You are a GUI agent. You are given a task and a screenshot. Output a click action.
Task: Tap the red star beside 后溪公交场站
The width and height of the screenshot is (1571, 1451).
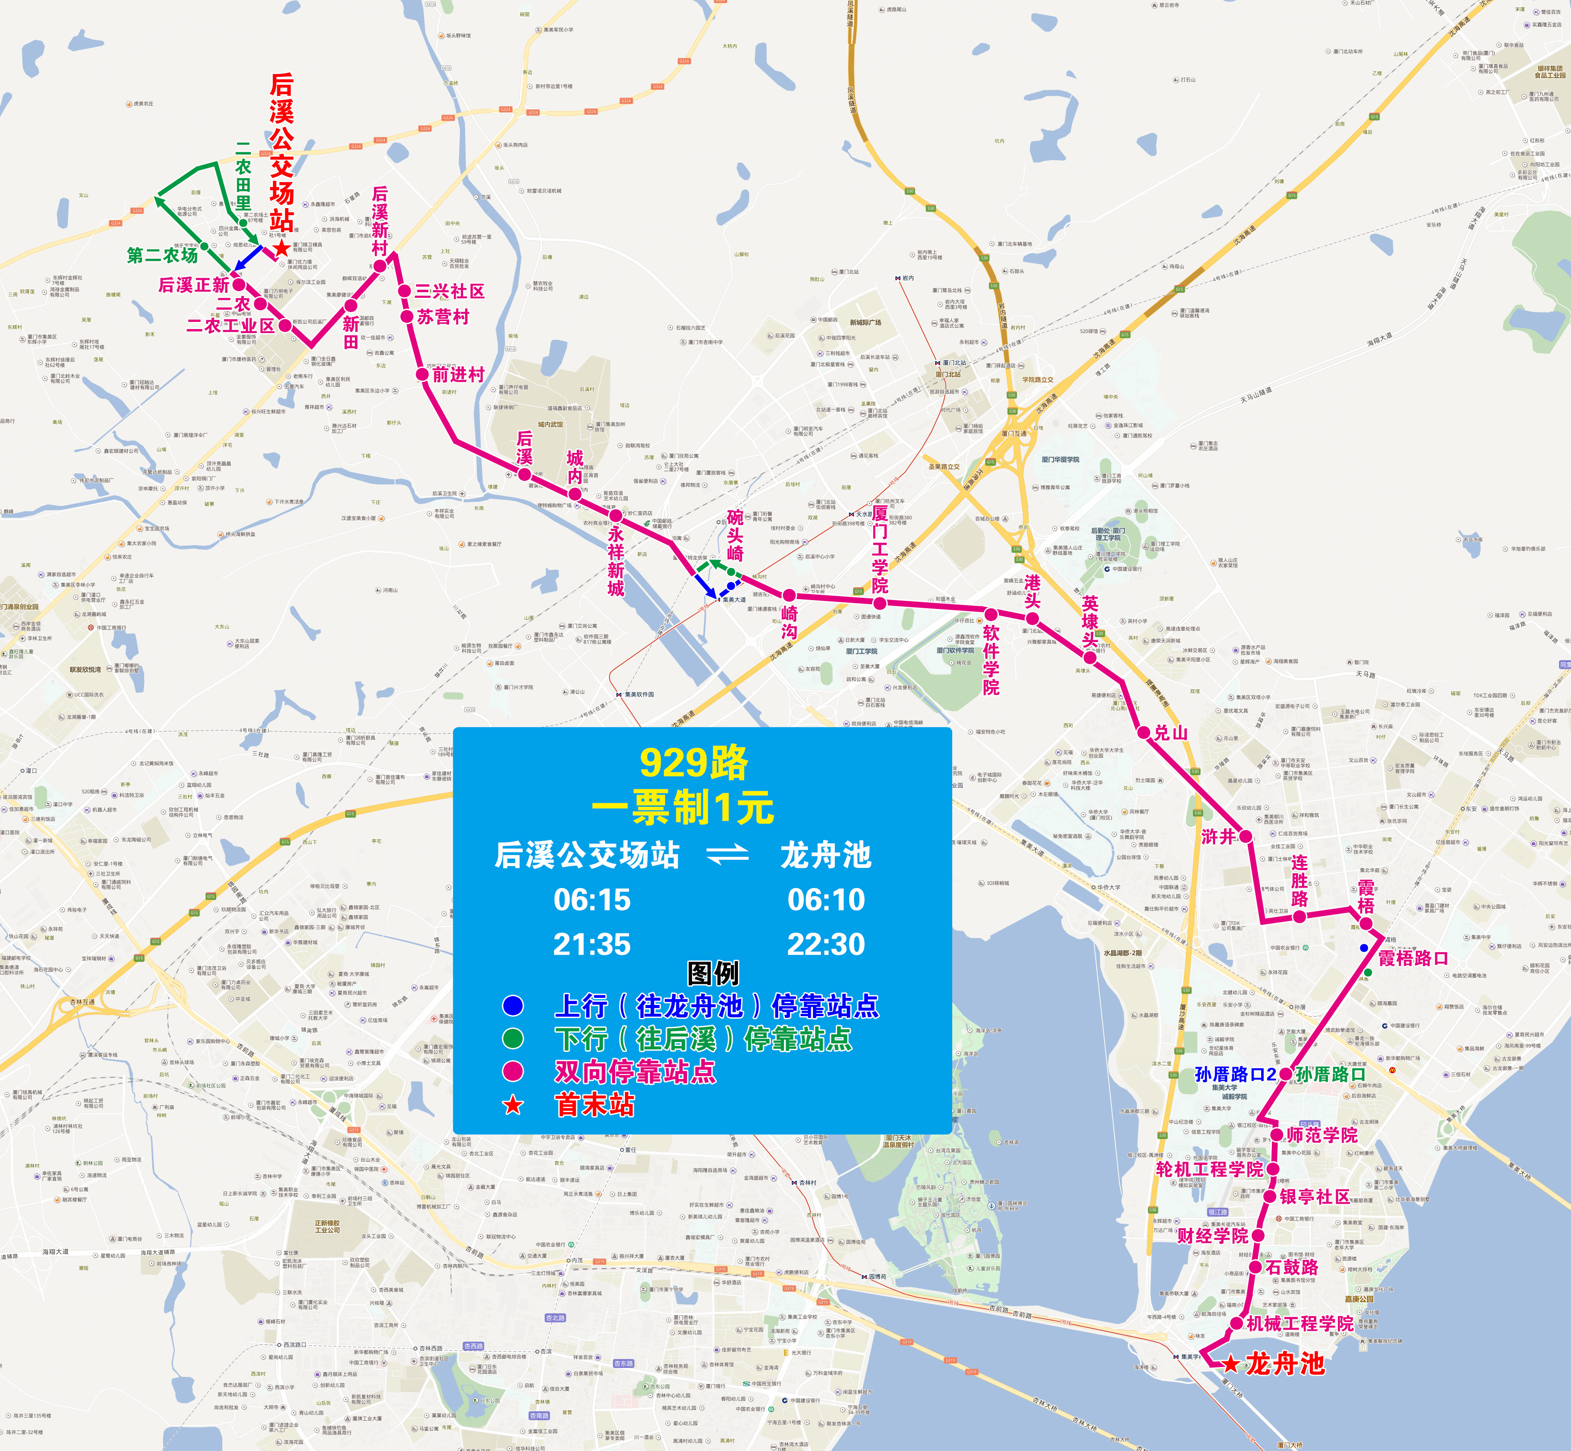(281, 249)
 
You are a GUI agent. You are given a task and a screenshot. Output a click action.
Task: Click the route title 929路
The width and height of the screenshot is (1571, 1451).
(694, 763)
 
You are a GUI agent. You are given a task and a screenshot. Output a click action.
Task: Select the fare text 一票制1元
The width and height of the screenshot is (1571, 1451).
(683, 807)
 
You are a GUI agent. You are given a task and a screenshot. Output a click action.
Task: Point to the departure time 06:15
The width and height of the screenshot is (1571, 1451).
(592, 900)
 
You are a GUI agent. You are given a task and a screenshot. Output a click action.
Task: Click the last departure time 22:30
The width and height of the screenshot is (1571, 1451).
(826, 944)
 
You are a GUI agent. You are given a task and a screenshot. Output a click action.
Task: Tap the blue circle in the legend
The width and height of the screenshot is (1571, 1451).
(513, 1006)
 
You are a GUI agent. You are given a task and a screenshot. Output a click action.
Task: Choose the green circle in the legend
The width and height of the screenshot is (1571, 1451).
(513, 1039)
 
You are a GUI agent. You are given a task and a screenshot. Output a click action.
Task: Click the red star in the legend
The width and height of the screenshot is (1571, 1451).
(513, 1105)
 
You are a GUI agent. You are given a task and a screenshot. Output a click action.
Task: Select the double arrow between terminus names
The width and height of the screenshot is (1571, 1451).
(728, 855)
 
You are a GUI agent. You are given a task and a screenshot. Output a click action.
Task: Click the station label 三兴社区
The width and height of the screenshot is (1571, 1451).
(450, 291)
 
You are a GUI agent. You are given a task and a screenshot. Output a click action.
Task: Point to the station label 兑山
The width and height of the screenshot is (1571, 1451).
(1171, 733)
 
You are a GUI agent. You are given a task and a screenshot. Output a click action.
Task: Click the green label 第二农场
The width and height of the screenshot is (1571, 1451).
(163, 255)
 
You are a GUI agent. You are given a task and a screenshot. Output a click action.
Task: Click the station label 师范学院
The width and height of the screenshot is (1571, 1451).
(1321, 1135)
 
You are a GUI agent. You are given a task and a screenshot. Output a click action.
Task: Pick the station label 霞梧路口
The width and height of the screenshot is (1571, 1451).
(1413, 959)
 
